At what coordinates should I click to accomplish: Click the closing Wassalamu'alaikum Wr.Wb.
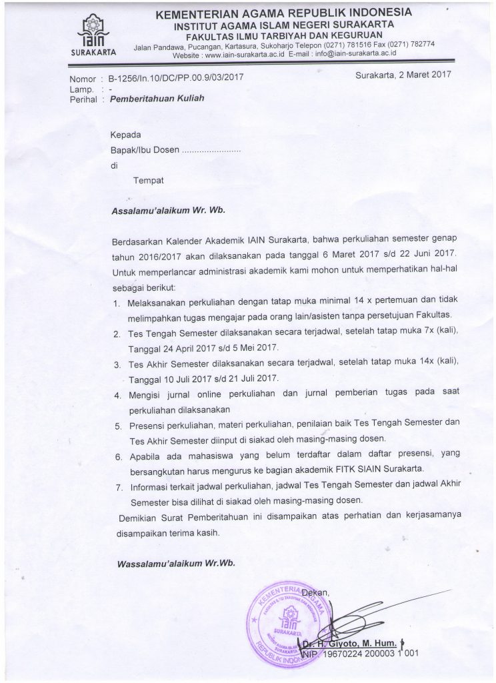pyautogui.click(x=175, y=563)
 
